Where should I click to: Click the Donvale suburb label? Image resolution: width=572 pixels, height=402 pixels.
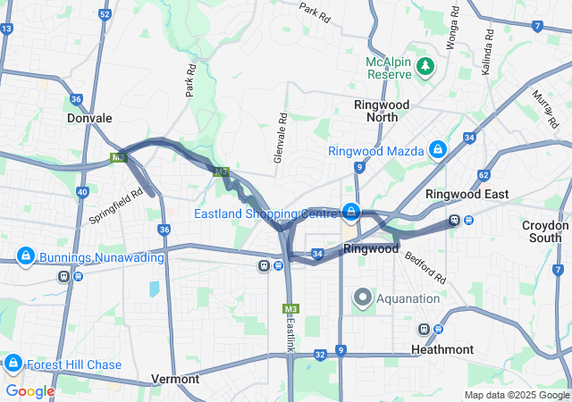point(89,118)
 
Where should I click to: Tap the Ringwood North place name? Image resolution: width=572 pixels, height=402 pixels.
point(382,111)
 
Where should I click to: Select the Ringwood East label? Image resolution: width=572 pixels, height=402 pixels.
point(467,194)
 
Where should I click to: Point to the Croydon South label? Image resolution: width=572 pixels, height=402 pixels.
point(544,231)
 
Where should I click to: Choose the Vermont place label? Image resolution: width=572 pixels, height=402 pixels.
point(175,379)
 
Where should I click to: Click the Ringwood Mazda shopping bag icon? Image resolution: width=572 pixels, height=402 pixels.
point(438,149)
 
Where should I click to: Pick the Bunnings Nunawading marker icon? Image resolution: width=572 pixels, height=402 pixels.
point(26,256)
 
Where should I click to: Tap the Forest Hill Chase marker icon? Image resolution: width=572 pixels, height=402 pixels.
point(13,363)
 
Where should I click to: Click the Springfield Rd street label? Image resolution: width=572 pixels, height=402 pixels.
point(115,205)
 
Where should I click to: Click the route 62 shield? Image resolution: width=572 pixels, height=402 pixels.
point(484,175)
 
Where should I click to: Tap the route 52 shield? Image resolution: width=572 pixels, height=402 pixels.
point(105,14)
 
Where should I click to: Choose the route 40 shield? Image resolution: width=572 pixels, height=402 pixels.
point(82,192)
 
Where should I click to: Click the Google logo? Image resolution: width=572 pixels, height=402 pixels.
point(29,391)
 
